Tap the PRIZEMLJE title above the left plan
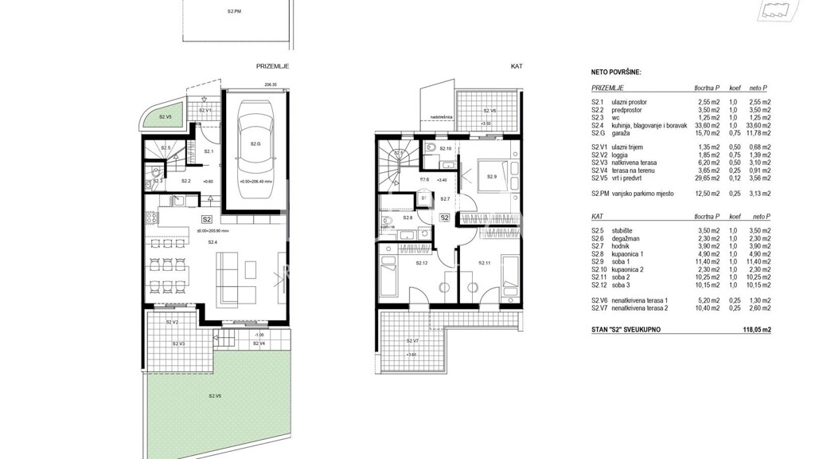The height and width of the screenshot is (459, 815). [272, 68]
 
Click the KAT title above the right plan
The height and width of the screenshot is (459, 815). [516, 68]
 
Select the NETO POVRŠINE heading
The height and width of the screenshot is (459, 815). [616, 72]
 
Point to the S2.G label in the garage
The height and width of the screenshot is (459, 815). [255, 144]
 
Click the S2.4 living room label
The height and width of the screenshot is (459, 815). [213, 241]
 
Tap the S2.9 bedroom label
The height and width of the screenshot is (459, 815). [491, 177]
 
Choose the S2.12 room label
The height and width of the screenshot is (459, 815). [422, 263]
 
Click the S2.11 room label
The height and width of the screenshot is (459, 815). [483, 263]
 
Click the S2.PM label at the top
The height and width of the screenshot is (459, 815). [233, 11]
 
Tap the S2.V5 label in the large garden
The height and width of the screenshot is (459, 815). [215, 396]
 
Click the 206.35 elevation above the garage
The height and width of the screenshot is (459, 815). [271, 84]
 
